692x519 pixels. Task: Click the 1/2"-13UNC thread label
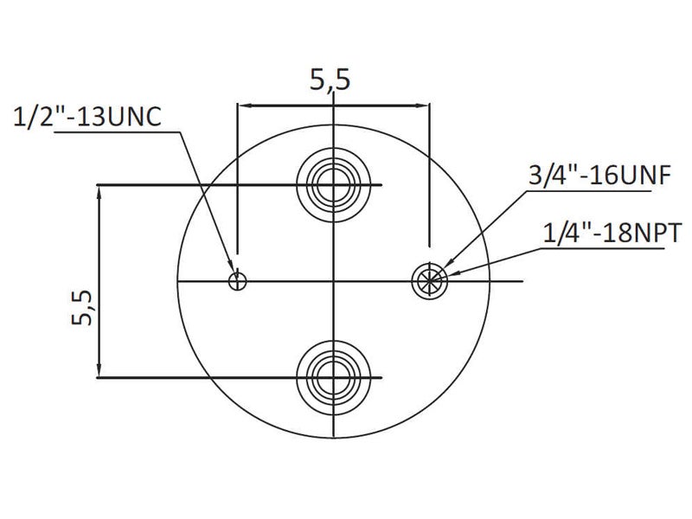click(87, 118)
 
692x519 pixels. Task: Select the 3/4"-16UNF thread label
click(599, 176)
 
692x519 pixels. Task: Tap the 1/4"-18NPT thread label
click(612, 233)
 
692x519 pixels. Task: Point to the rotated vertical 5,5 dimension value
click(82, 308)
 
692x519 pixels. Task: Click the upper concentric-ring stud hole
click(334, 184)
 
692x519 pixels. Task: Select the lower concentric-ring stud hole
click(334, 377)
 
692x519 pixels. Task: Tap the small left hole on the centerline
click(237, 280)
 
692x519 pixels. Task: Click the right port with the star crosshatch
click(429, 280)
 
